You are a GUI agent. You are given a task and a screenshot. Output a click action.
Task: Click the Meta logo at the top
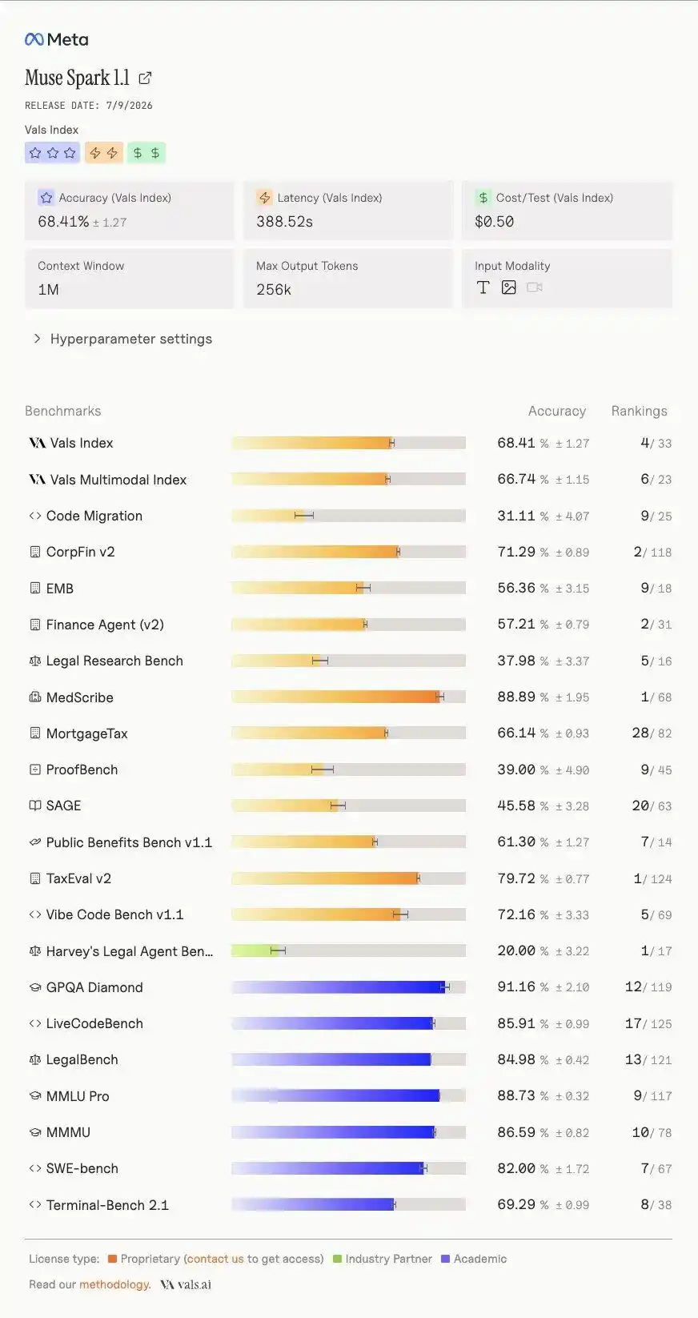pos(57,39)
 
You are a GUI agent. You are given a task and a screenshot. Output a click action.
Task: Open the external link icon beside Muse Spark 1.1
pos(145,78)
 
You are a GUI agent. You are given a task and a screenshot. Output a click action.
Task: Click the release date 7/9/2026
pos(130,106)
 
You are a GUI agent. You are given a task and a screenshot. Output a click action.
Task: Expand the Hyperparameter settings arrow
pos(37,339)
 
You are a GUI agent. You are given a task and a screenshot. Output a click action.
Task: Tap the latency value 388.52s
pos(285,222)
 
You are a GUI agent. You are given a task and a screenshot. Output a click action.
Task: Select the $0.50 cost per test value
pos(494,222)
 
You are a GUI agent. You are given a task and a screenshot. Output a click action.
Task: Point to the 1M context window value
pos(48,290)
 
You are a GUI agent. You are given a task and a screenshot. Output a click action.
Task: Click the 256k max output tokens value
pos(274,290)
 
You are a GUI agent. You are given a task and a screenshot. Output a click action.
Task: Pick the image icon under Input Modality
pos(508,287)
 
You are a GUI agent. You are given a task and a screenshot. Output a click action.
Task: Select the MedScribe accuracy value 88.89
pos(516,697)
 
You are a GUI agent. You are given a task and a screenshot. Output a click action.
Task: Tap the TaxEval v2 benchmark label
pos(78,878)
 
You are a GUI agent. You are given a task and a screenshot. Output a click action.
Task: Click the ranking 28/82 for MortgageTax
pos(652,733)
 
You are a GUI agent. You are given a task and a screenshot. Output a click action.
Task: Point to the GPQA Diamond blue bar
pos(338,986)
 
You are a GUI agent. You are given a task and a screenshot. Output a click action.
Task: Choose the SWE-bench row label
pos(82,1168)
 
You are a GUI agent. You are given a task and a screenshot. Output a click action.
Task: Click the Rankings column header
pos(640,411)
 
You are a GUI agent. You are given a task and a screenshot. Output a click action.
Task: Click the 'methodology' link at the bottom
pos(114,1284)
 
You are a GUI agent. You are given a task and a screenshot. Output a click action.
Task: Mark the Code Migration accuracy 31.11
pos(516,516)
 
